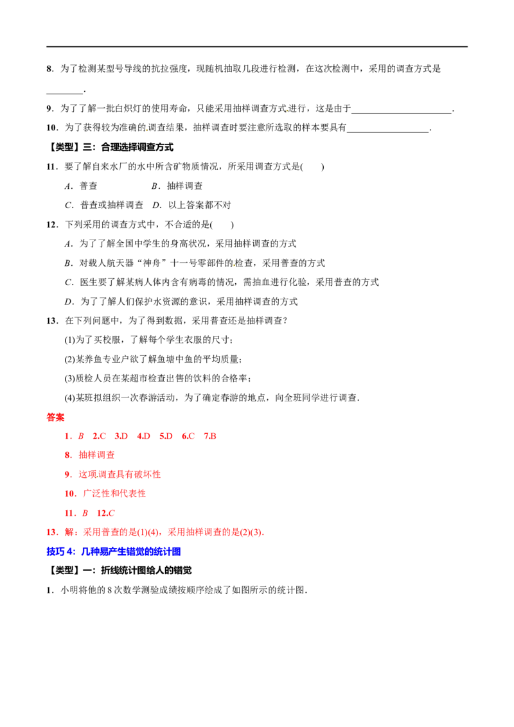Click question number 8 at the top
tap(49, 69)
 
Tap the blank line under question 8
tap(64, 93)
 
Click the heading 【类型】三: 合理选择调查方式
tap(111, 148)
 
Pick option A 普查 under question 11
tap(81, 186)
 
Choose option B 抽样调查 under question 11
tap(177, 186)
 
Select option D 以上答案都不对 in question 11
tap(191, 205)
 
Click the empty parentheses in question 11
tap(313, 167)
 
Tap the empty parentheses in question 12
tap(222, 225)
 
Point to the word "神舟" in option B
tap(151, 263)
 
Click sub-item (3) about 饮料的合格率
tap(157, 379)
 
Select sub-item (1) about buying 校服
tap(148, 340)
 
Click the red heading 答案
tap(56, 417)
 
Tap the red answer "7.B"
tap(210, 436)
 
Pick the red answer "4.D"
tap(144, 436)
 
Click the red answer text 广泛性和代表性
tap(114, 494)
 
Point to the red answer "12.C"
tap(106, 513)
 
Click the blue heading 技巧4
tap(61, 552)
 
